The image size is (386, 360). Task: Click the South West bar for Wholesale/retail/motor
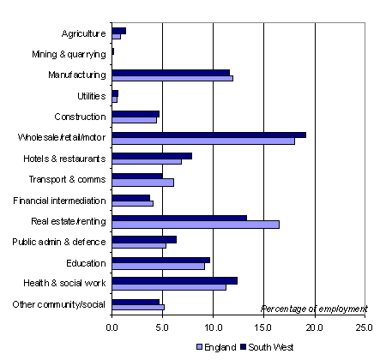(x=209, y=135)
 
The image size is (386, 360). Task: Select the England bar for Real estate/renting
(x=196, y=225)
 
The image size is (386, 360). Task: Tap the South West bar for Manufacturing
(x=171, y=73)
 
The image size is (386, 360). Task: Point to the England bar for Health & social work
(x=169, y=287)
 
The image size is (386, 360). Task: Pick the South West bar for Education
(x=161, y=260)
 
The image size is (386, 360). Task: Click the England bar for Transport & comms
(x=143, y=183)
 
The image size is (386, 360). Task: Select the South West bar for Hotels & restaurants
(x=152, y=156)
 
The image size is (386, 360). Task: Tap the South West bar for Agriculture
(x=119, y=31)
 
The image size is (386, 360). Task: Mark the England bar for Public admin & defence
(x=139, y=246)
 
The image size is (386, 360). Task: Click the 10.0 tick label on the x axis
(x=214, y=327)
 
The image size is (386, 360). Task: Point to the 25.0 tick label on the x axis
(x=365, y=327)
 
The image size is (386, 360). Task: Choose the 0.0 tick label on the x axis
(x=112, y=327)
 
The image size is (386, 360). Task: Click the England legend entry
(x=216, y=347)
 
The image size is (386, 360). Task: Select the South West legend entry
(x=267, y=347)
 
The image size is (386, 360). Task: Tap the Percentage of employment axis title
(x=314, y=309)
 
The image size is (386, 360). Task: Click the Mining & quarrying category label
(x=69, y=54)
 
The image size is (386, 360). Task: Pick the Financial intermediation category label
(x=59, y=201)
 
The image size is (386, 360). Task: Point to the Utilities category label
(x=92, y=96)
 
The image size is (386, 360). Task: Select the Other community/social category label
(x=59, y=304)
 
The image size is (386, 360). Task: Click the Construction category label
(x=80, y=117)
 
